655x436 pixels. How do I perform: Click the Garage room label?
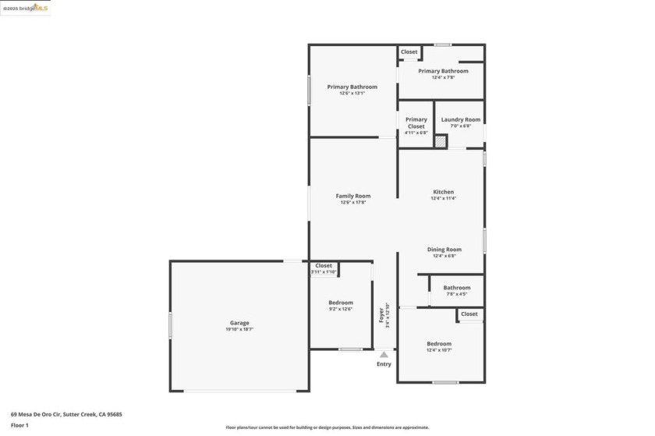pos(239,323)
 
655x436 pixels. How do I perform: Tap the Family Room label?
pos(353,196)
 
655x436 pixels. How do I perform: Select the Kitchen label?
pos(443,192)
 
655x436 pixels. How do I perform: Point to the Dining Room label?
pos(443,250)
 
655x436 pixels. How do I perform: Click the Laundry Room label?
pos(461,119)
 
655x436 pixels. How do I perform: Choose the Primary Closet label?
pos(416,122)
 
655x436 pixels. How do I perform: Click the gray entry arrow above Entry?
pos(384,355)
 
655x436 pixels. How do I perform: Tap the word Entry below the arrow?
pos(384,364)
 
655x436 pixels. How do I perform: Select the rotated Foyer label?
pos(381,314)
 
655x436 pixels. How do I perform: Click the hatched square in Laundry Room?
pos(441,142)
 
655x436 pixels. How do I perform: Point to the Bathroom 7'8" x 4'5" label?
pos(457,288)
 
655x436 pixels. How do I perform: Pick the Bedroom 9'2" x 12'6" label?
pos(341,303)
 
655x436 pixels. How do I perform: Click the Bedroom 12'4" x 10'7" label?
pos(439,344)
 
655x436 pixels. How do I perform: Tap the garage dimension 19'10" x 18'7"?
pos(239,330)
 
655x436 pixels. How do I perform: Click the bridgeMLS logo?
pos(26,8)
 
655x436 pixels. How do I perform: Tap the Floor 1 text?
pos(20,425)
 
